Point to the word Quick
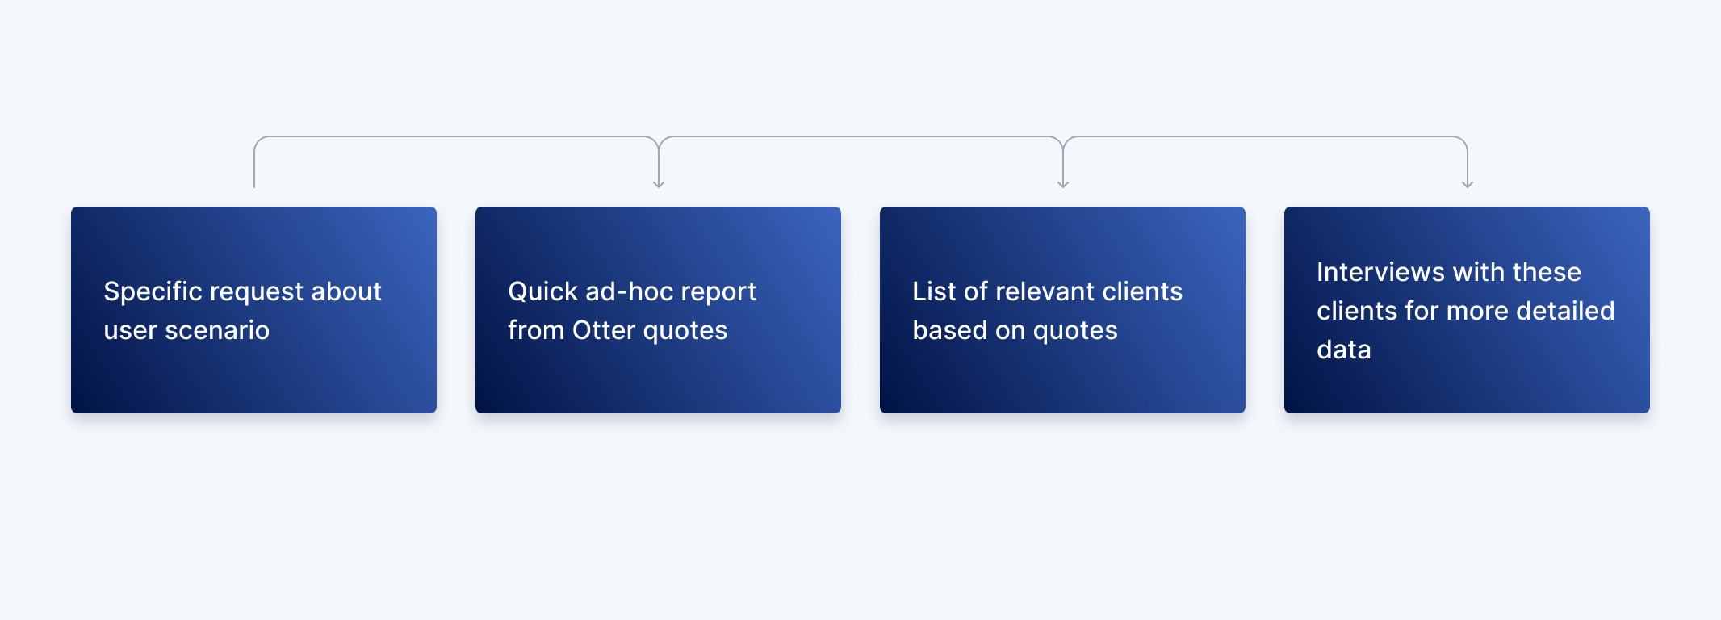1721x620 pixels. pyautogui.click(x=542, y=291)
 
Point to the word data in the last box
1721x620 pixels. pyautogui.click(x=1344, y=350)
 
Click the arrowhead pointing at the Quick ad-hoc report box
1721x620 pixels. pyautogui.click(x=659, y=185)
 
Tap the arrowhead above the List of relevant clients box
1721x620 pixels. pyautogui.click(x=1063, y=185)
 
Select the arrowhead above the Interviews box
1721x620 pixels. pyautogui.click(x=1468, y=185)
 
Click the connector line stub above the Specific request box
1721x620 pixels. pyautogui.click(x=254, y=170)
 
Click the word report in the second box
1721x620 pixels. pyautogui.click(x=716, y=291)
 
